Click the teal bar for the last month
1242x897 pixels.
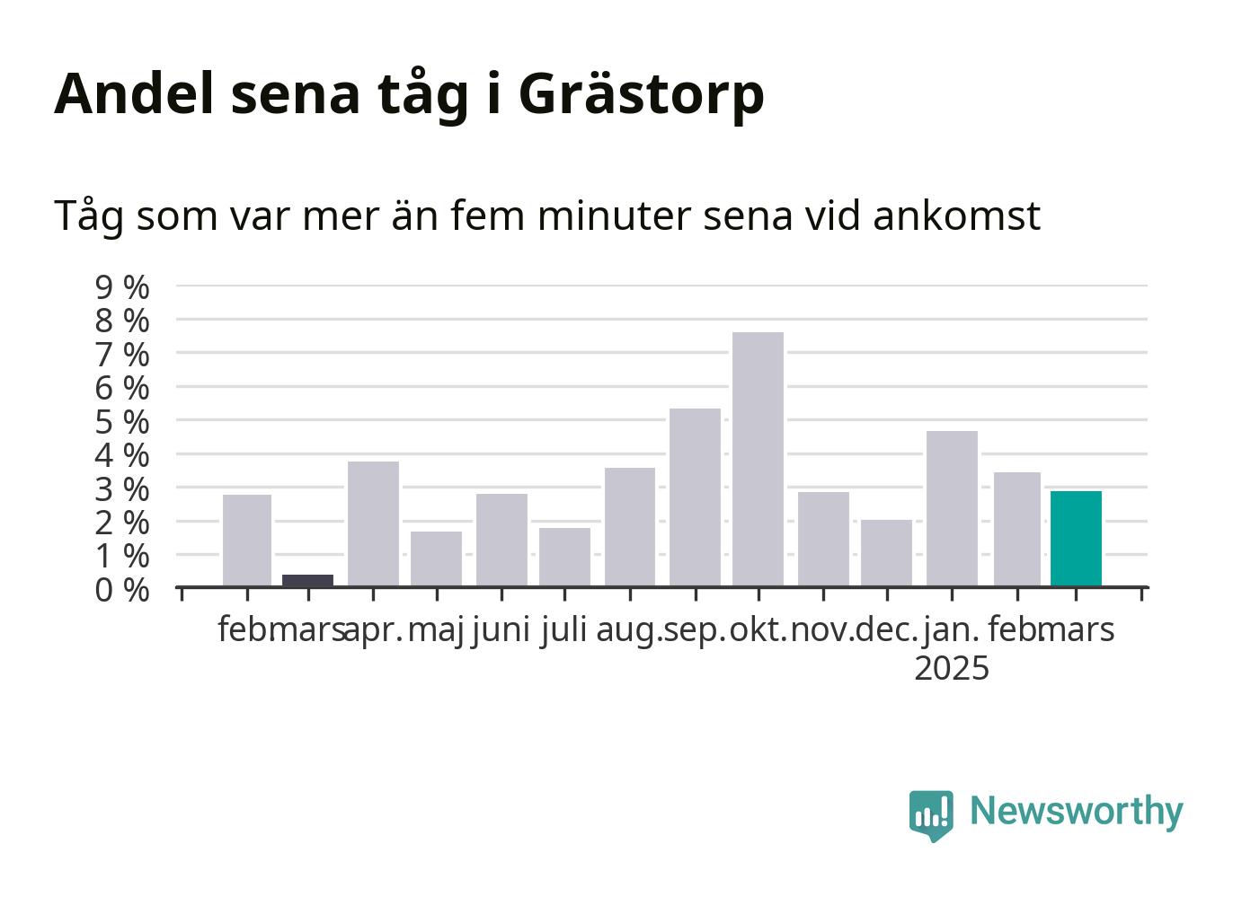(x=1076, y=539)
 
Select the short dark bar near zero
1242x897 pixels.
(x=307, y=580)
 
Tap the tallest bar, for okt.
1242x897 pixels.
(x=758, y=460)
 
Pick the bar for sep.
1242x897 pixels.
(x=695, y=497)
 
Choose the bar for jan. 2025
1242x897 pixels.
(x=952, y=508)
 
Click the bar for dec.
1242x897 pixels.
(x=887, y=553)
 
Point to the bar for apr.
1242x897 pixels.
(x=373, y=523)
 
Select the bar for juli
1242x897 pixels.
(x=564, y=557)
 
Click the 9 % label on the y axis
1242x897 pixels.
(x=122, y=287)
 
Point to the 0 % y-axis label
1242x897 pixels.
(x=122, y=590)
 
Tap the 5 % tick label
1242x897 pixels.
(x=122, y=422)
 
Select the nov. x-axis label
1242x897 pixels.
(x=823, y=630)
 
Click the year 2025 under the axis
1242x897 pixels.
(x=952, y=668)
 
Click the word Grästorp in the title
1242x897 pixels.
(x=642, y=94)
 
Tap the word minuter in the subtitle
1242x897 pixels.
(x=615, y=215)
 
